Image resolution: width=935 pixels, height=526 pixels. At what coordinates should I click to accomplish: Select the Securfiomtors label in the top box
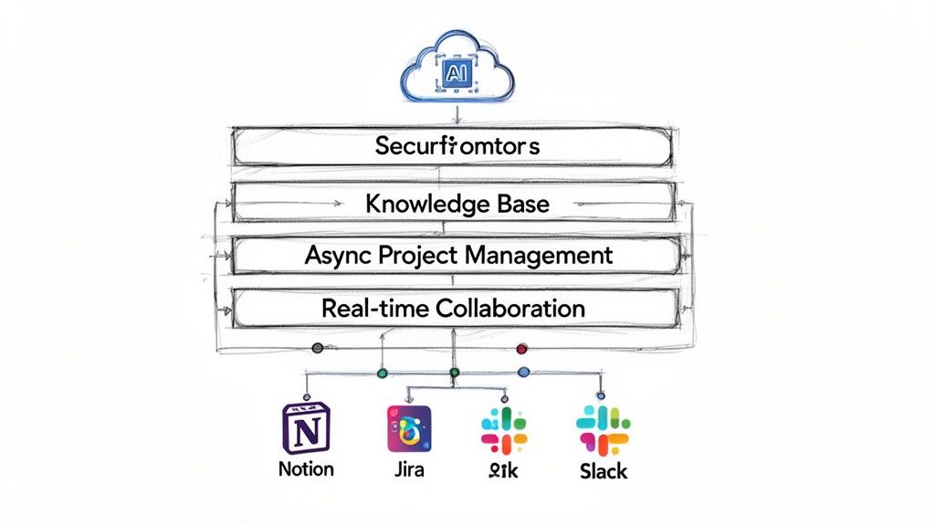point(457,146)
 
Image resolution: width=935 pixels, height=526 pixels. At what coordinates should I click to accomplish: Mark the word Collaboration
point(510,309)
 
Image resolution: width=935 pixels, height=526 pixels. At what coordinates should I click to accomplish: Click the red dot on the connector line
point(522,348)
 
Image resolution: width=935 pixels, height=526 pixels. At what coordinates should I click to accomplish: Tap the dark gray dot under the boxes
point(317,348)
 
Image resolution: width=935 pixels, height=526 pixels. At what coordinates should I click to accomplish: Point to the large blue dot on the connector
point(523,373)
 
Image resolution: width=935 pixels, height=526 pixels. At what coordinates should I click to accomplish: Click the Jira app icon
point(408,429)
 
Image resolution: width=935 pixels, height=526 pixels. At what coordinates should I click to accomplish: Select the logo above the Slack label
point(603,428)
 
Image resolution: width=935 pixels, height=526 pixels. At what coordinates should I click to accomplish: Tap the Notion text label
point(307,469)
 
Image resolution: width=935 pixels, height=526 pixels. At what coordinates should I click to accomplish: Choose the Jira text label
point(408,470)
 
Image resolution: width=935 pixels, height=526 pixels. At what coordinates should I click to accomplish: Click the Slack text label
point(603,471)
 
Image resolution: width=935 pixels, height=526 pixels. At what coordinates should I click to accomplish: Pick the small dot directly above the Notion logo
point(306,396)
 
